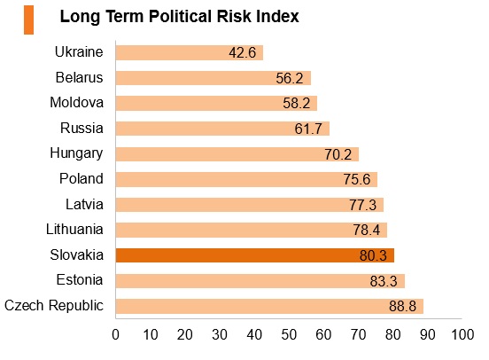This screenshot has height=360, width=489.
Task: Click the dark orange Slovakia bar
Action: pos(255,255)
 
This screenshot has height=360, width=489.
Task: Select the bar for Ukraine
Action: pos(190,52)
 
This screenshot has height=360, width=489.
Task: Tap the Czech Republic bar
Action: pos(269,306)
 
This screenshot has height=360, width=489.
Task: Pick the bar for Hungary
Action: pos(237,154)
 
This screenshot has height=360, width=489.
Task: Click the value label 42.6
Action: pos(243,52)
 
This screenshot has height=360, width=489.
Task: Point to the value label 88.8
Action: pos(402,306)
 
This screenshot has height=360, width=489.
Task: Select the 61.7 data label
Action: pos(308,129)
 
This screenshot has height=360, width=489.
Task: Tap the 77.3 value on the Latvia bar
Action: pos(362,205)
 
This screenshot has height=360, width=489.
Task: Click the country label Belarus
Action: pos(79,77)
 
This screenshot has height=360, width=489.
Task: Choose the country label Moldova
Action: pos(77,102)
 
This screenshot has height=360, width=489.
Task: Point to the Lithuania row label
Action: pos(74,229)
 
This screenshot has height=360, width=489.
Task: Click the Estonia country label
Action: pos(80,280)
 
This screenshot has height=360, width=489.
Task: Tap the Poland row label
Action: pos(81,178)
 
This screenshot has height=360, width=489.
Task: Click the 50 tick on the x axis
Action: pos(289,334)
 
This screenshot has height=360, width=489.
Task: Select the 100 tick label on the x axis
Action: pos(462,334)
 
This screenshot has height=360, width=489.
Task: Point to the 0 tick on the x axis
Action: pos(116,334)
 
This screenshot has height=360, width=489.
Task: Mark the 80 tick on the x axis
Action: pos(393,334)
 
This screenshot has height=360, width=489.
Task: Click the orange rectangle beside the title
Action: pos(28,20)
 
